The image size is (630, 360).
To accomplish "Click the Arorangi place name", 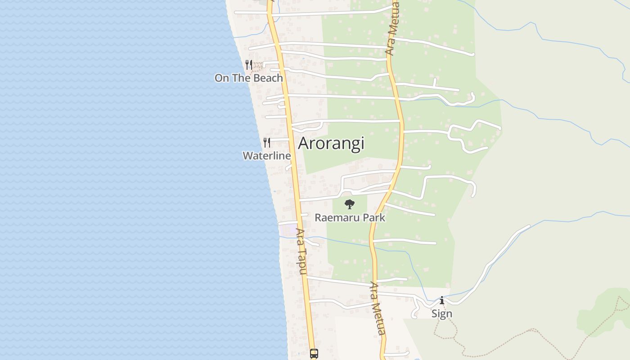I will coord(331,144).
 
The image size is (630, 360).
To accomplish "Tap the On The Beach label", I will coord(248,78).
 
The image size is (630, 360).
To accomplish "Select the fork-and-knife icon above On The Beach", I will coord(249,65).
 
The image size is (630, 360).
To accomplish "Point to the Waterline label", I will coord(266,156).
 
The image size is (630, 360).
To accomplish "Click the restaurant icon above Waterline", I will coord(267,143).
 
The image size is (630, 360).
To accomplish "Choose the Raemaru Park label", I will coord(350,218).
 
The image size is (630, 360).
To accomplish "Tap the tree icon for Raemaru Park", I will coord(350,205).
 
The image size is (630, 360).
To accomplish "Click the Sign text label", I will coord(441,314).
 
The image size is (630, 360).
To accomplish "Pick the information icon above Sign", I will coord(441,300).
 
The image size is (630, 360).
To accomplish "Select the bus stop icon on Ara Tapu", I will coord(314,354).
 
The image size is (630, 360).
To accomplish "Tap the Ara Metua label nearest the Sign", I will coord(378,309).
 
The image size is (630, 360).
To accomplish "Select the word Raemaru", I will coord(337,218).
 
